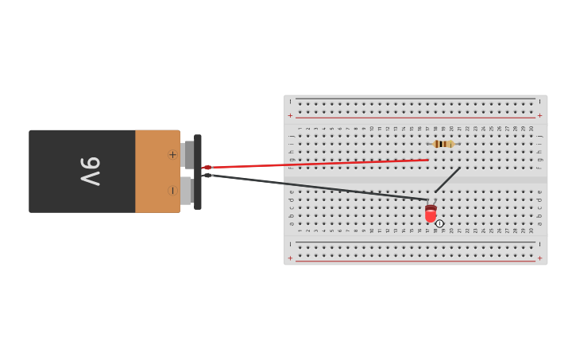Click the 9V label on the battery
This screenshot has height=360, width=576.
click(x=90, y=172)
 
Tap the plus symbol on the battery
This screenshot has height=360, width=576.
click(x=172, y=154)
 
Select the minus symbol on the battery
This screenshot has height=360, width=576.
click(x=172, y=190)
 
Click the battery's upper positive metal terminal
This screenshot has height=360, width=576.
click(x=187, y=154)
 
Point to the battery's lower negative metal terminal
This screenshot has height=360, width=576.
click(x=187, y=191)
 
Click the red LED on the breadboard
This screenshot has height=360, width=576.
click(x=431, y=213)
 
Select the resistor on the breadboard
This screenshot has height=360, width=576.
click(x=443, y=144)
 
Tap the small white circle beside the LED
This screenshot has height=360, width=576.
click(x=439, y=223)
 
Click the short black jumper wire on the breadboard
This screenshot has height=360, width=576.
click(x=447, y=180)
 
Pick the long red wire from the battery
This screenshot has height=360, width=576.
click(x=318, y=164)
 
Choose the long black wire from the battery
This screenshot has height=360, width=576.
click(x=318, y=187)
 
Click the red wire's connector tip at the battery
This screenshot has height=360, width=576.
click(x=207, y=167)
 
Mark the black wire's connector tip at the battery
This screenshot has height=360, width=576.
click(x=207, y=175)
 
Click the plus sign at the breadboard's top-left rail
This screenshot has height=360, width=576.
click(x=290, y=115)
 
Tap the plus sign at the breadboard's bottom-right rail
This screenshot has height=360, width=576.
click(x=540, y=257)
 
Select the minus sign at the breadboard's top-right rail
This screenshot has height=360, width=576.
click(x=540, y=102)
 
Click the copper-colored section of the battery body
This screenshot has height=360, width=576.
click(x=157, y=172)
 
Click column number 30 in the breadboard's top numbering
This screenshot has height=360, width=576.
click(x=532, y=128)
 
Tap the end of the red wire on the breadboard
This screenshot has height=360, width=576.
click(x=427, y=160)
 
